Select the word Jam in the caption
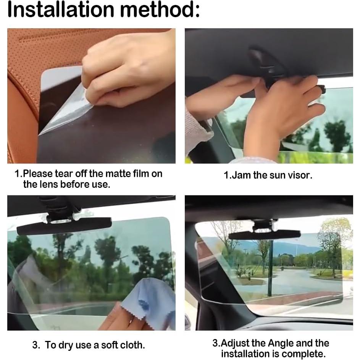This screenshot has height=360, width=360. pos(241,176)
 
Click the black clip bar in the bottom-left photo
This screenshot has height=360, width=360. pos(64,226)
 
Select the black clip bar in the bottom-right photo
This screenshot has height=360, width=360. pos(264,234)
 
